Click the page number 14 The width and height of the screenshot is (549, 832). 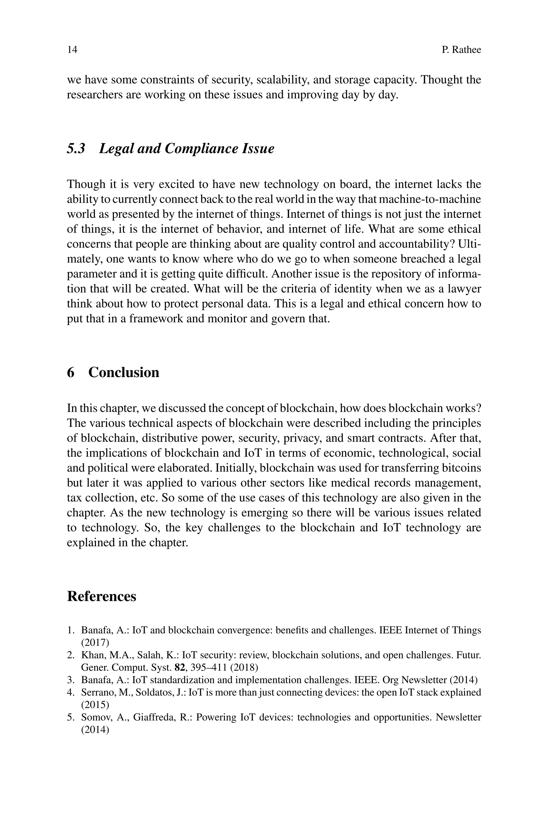pos(72,50)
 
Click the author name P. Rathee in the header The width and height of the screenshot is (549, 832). pos(461,50)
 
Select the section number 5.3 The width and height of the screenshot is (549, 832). pos(76,149)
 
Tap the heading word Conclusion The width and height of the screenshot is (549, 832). pos(124,372)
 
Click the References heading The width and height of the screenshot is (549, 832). pos(102,596)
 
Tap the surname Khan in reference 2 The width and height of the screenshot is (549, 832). pos(91,655)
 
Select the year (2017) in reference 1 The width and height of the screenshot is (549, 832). pos(95,643)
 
